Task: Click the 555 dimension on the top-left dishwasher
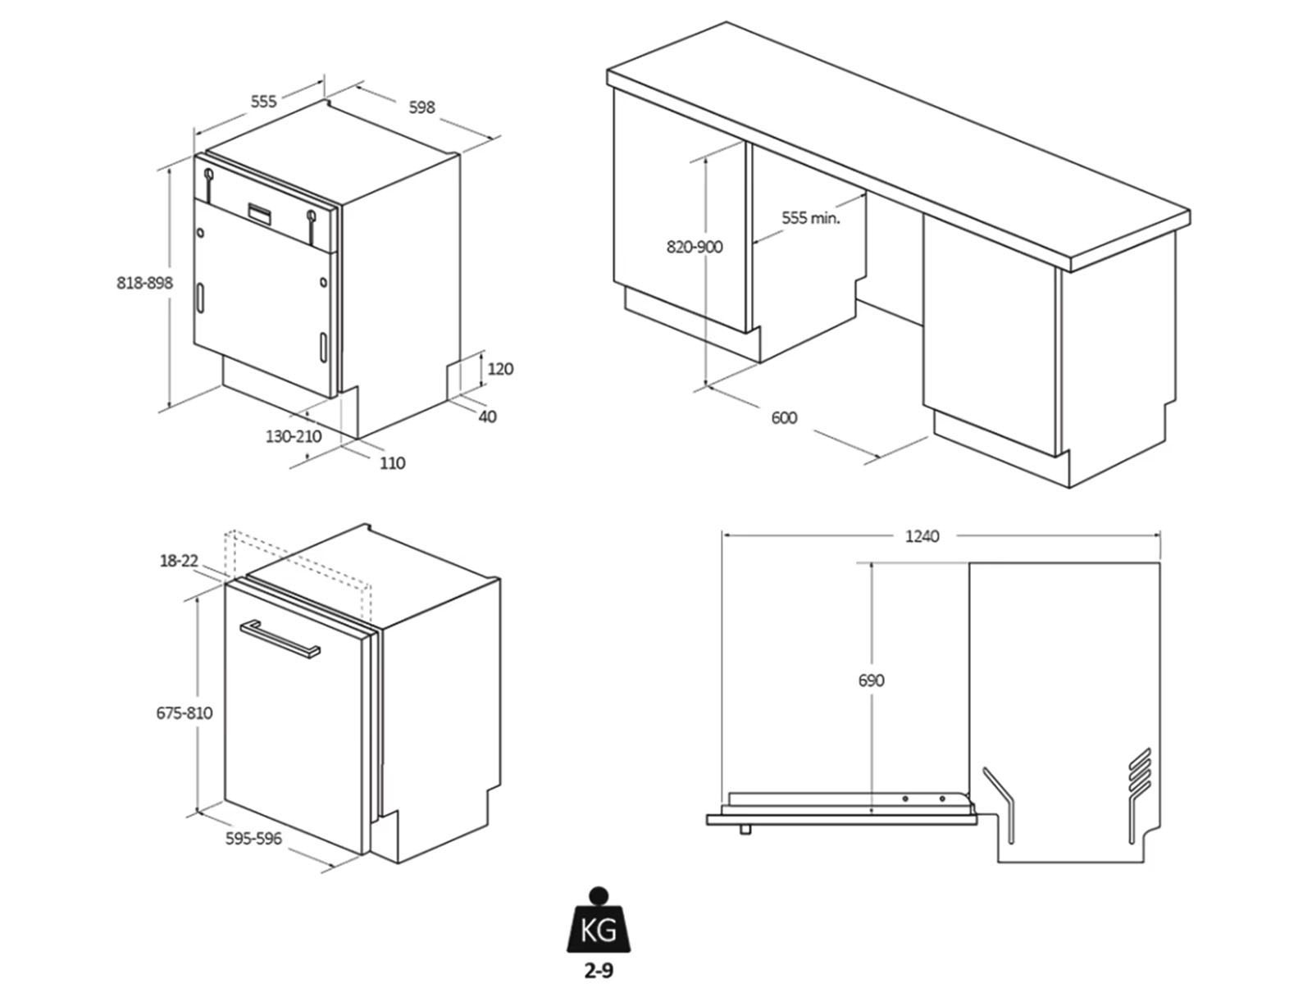[x=263, y=102]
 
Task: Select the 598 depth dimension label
[x=421, y=107]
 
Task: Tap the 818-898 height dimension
[x=145, y=283]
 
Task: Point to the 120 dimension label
[x=500, y=369]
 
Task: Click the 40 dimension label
[x=487, y=417]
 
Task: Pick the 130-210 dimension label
[x=294, y=436]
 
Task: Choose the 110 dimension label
[x=392, y=463]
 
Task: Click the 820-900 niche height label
[x=695, y=247]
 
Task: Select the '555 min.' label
[x=811, y=218]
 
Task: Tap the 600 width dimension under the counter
[x=784, y=418]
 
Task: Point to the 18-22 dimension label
[x=179, y=561]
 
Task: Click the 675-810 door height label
[x=184, y=713]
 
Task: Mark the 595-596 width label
[x=253, y=839]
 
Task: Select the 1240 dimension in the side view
[x=922, y=536]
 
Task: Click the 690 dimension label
[x=871, y=681]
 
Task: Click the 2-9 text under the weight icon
[x=599, y=972]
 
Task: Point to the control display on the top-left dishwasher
[x=260, y=212]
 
